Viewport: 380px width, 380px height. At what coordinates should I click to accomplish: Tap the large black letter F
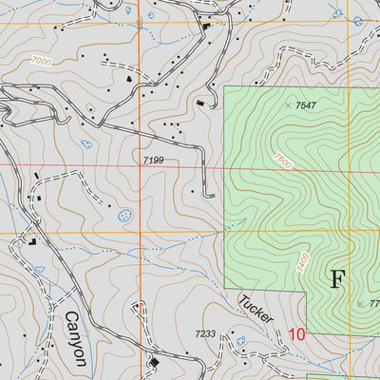tap(337, 278)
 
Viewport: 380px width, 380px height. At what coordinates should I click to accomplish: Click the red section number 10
tap(296, 334)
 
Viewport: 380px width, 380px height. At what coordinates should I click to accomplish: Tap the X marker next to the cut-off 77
tap(361, 303)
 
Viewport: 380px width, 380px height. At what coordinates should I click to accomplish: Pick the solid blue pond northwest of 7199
tap(86, 144)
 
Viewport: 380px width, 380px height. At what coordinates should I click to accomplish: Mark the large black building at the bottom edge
tap(154, 362)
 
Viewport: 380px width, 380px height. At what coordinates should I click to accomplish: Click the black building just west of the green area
tap(200, 104)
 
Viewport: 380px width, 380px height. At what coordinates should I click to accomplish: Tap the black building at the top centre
tap(206, 25)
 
